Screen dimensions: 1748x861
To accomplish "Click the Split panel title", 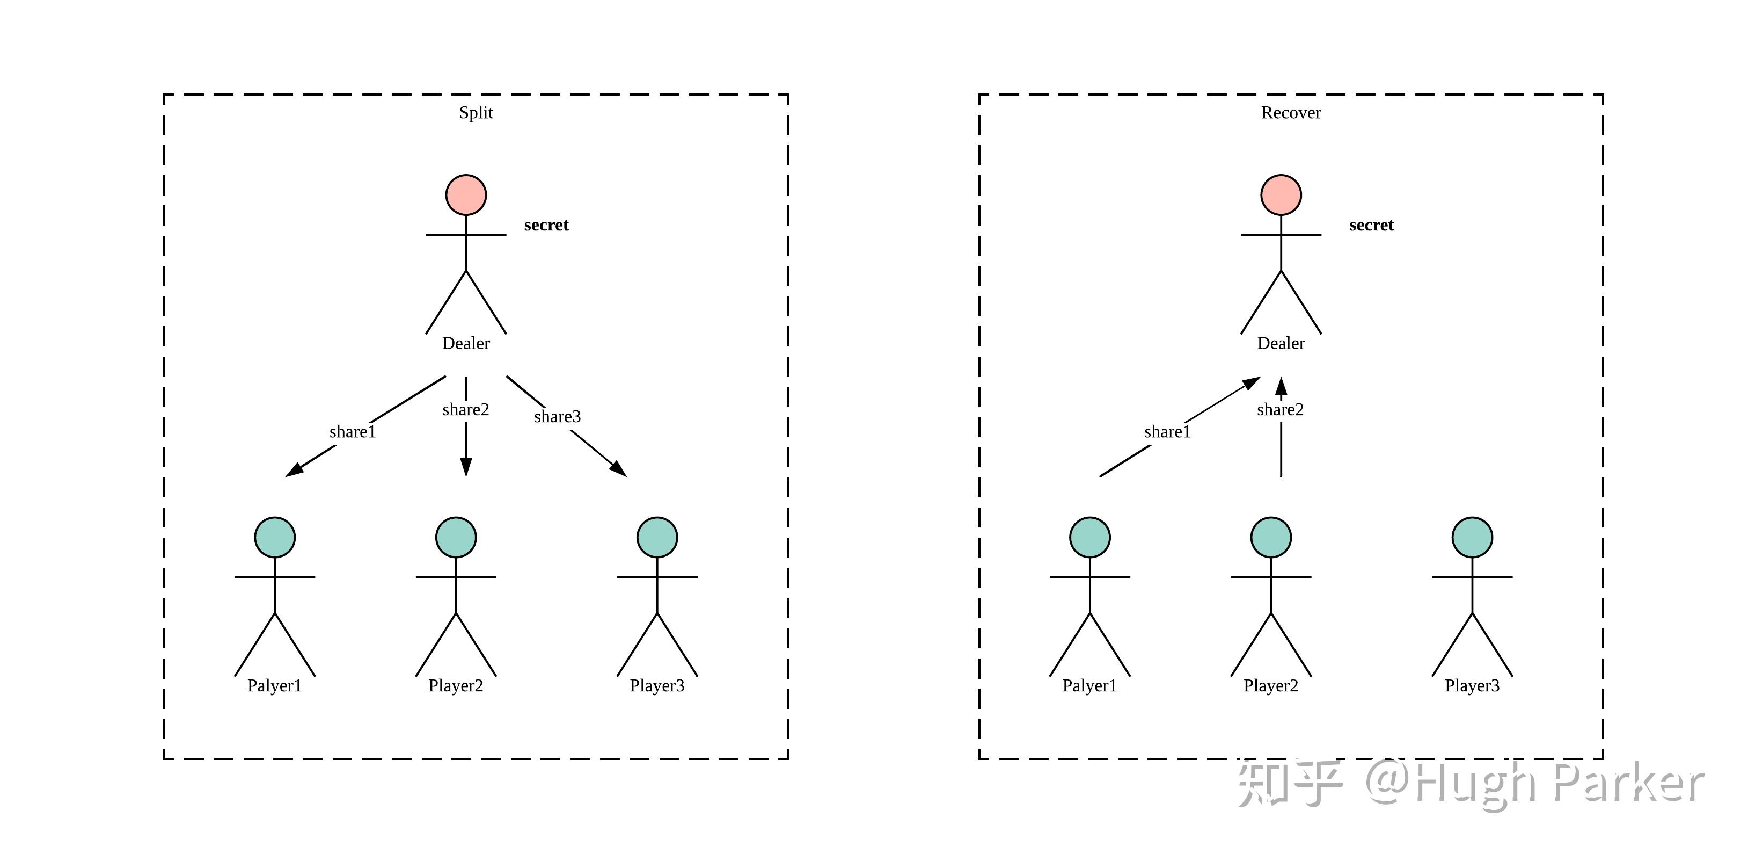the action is pyautogui.click(x=476, y=113).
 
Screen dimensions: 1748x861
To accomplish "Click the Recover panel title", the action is pyautogui.click(x=1291, y=113).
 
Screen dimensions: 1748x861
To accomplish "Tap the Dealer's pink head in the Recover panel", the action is pyautogui.click(x=1281, y=195).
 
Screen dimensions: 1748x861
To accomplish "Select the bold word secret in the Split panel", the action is pyautogui.click(x=546, y=226).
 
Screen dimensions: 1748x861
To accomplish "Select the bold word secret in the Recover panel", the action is pyautogui.click(x=1371, y=226).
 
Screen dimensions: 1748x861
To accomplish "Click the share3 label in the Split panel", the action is pyautogui.click(x=557, y=417).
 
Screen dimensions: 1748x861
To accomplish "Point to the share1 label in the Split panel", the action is pyautogui.click(x=352, y=432).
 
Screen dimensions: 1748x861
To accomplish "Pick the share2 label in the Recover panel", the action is pyautogui.click(x=1280, y=409).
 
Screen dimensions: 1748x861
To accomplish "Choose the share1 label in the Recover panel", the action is pyautogui.click(x=1167, y=432).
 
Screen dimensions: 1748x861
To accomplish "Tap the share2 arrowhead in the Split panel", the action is pyautogui.click(x=465, y=467).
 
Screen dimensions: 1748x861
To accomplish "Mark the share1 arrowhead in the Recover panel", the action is pyautogui.click(x=1250, y=384).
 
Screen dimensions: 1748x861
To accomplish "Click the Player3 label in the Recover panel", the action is pyautogui.click(x=1472, y=686).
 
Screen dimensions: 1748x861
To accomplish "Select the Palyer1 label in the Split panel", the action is pyautogui.click(x=274, y=686).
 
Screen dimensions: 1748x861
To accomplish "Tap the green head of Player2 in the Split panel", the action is pyautogui.click(x=456, y=537).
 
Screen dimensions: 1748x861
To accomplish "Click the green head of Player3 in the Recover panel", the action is pyautogui.click(x=1472, y=537).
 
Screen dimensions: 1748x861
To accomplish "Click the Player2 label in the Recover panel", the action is pyautogui.click(x=1270, y=686).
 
